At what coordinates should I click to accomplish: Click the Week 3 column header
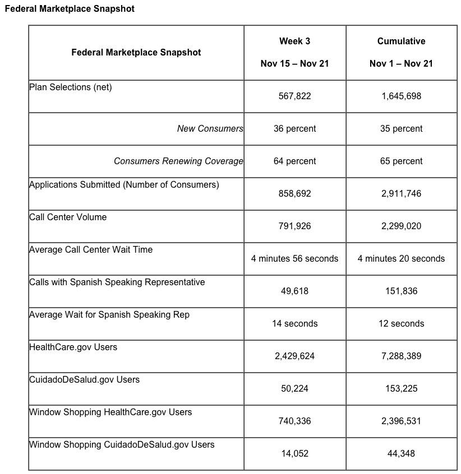294,41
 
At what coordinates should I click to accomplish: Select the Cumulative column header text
401,41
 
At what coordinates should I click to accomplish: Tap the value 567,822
294,96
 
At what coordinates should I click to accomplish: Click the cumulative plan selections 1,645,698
401,96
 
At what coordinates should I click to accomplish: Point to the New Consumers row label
210,128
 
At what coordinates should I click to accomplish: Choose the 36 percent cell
294,128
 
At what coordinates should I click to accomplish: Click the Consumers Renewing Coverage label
178,161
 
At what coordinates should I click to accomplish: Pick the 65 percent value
401,161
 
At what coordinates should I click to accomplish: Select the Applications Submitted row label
124,184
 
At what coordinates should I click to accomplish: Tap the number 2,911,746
401,193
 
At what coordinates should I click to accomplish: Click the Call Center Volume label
68,217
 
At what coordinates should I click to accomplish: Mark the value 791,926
294,226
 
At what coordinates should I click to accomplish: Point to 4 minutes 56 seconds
294,258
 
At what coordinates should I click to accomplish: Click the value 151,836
401,291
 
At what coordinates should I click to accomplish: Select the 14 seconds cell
294,323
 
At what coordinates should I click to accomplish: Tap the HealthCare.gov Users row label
73,347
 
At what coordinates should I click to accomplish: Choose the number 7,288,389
401,356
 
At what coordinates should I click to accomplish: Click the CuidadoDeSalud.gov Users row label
85,379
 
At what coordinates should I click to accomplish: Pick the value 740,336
294,421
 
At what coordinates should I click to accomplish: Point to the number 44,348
401,453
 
